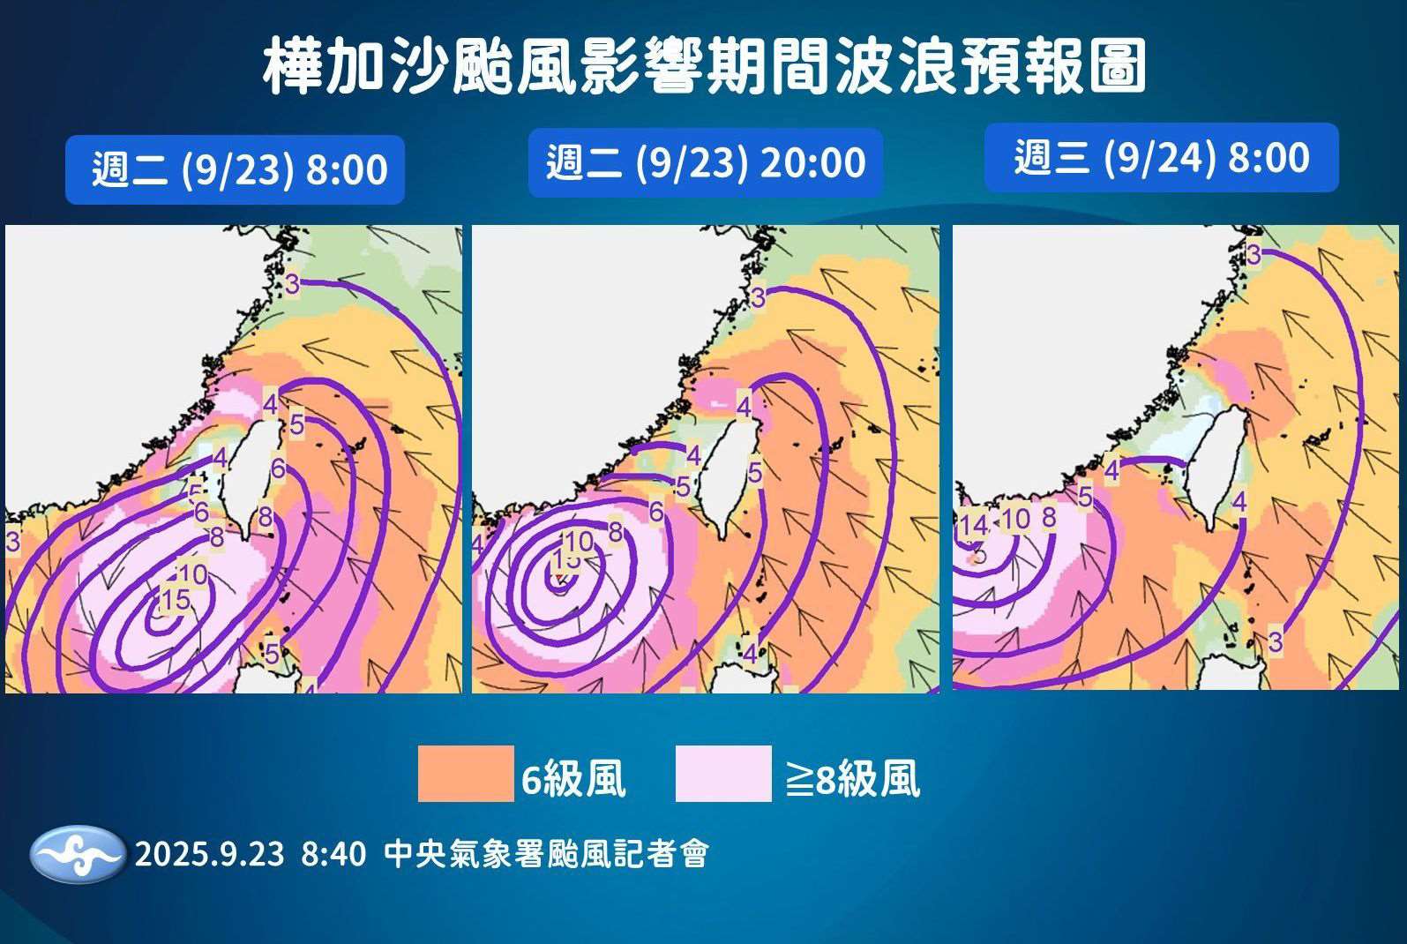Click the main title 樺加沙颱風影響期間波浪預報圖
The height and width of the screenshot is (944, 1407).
tap(704, 66)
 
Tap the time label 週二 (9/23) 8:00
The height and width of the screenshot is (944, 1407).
tap(238, 169)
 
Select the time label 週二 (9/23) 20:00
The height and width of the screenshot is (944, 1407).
tap(706, 163)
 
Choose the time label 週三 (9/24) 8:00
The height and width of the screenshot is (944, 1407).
tap(1161, 158)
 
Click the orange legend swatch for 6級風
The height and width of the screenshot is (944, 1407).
tap(465, 774)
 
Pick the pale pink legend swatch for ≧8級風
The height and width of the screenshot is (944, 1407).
tap(723, 774)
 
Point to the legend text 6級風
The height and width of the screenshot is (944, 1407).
tap(573, 779)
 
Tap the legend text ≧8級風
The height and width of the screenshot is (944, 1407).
tap(852, 779)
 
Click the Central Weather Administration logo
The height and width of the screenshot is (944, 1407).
tap(78, 854)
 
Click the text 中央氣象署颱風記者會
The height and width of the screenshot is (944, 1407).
tap(546, 854)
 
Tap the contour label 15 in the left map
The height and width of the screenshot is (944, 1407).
tap(175, 600)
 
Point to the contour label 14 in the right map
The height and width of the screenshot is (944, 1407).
tap(973, 525)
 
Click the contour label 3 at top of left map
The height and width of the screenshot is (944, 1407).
tap(293, 284)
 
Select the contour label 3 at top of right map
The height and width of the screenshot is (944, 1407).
tap(1254, 255)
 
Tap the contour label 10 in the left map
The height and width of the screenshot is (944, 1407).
tap(192, 574)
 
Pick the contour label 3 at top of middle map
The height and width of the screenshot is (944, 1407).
tap(758, 297)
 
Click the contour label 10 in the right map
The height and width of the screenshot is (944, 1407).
tap(1015, 519)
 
